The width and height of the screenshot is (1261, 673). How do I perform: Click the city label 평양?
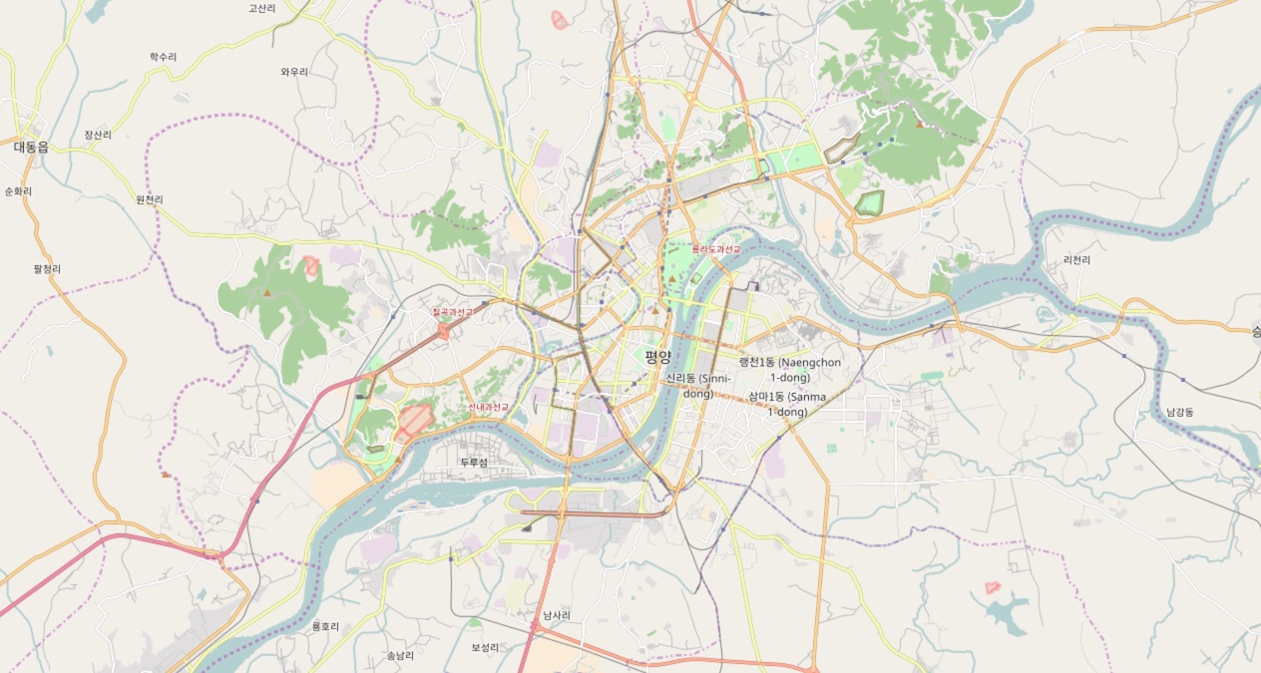coord(657,357)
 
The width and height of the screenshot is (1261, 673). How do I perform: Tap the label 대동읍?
coord(31,147)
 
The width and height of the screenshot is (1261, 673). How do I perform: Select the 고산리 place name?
coord(262,8)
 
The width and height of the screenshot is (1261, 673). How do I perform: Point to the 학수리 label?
coord(163,57)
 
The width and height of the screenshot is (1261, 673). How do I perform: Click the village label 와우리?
coord(294,72)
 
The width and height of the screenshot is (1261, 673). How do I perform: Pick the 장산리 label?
coord(98,135)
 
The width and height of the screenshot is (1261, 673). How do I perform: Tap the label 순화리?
coord(18,191)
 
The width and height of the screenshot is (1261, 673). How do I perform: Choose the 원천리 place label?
coord(149,199)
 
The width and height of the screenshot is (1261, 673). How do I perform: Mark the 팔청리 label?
coord(47,269)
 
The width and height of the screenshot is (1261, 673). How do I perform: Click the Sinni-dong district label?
coord(698,386)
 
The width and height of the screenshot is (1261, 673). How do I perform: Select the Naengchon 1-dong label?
coord(789,370)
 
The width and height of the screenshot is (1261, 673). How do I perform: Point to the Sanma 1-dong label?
coord(787,404)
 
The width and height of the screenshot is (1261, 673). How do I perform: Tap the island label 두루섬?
coord(474,463)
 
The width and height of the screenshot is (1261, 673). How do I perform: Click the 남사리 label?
coord(557,615)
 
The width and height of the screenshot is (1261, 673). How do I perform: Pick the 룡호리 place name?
coord(325,626)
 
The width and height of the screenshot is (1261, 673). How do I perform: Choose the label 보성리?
coord(485,647)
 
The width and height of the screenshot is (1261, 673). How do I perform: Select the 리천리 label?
coord(1076,260)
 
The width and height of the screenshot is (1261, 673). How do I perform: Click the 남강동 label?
coord(1179,412)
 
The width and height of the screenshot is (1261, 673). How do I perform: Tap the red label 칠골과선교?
coord(453,312)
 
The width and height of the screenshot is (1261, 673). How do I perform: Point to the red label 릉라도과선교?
coord(716,249)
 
